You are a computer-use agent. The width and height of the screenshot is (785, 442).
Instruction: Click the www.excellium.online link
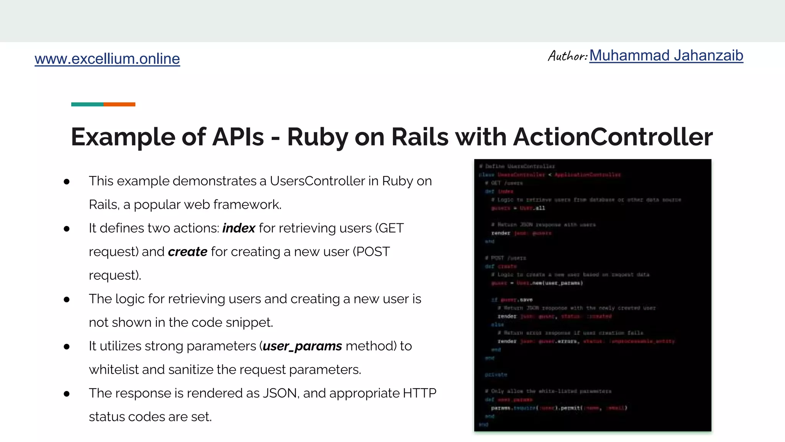(x=107, y=59)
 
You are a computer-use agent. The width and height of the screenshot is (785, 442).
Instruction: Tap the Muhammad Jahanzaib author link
(x=666, y=56)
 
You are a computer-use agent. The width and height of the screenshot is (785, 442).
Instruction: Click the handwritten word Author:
(x=567, y=56)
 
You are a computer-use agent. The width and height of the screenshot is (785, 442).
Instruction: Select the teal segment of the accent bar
(x=87, y=104)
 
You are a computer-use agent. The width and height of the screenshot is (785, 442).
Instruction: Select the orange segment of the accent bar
(x=119, y=104)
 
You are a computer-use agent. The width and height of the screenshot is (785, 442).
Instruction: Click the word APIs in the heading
(x=238, y=137)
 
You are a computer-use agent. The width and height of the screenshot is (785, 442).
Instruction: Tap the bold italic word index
(x=238, y=228)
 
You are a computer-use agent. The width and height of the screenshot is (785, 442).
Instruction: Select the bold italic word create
(x=187, y=252)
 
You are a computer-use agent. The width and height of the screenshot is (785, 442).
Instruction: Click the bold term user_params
(x=302, y=346)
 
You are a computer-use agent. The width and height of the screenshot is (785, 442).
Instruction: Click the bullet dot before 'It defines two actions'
(x=67, y=229)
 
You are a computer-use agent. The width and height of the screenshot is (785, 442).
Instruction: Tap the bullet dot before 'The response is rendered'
(x=67, y=394)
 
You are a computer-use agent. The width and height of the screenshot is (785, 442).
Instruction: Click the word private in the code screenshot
(x=496, y=374)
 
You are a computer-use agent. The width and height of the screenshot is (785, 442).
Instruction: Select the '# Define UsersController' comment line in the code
(x=517, y=166)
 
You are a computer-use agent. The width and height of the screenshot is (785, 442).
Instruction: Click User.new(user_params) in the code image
(x=549, y=283)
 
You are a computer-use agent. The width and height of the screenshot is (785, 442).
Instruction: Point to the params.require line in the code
(x=558, y=408)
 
